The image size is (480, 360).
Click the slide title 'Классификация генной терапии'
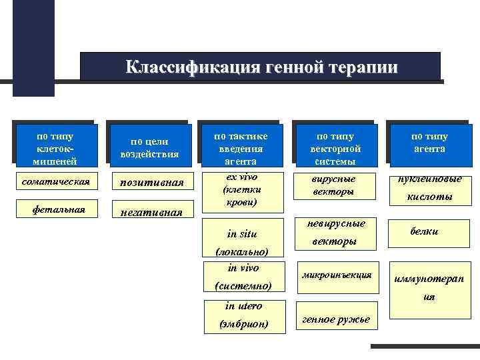261,67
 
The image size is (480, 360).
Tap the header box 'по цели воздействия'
149,148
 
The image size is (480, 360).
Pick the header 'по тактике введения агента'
243,148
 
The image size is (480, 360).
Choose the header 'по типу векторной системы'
336,148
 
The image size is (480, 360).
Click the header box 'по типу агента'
429,143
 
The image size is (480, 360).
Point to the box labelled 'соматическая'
56,181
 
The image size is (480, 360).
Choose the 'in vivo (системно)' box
243,276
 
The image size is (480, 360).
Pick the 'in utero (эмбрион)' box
243,315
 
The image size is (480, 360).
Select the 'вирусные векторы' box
335,185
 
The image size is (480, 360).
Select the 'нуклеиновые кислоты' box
429,187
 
